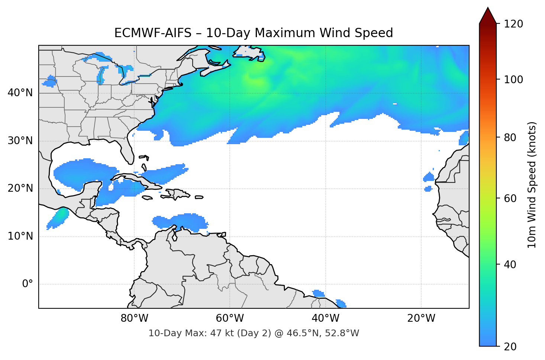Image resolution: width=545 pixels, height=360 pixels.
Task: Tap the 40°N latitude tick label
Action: coord(20,93)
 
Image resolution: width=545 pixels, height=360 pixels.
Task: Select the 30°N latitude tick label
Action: coord(20,141)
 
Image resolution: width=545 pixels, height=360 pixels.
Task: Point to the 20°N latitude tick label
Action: coord(20,188)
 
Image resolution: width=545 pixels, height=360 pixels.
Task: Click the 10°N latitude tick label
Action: coord(20,236)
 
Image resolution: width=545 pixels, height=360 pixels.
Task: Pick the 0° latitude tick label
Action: coord(28,284)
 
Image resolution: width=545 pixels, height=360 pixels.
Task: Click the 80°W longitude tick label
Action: coord(134,318)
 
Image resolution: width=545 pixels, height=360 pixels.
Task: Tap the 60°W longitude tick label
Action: coord(230,318)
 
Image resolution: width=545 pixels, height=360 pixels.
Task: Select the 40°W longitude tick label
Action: coord(325,318)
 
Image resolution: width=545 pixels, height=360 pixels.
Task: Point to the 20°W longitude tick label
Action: coord(421,318)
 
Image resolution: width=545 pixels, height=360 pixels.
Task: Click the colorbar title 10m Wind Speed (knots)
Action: coord(532,185)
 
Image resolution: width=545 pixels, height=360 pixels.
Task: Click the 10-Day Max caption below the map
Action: coord(254,333)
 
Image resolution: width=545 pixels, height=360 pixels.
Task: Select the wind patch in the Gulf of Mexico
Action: coord(82,173)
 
